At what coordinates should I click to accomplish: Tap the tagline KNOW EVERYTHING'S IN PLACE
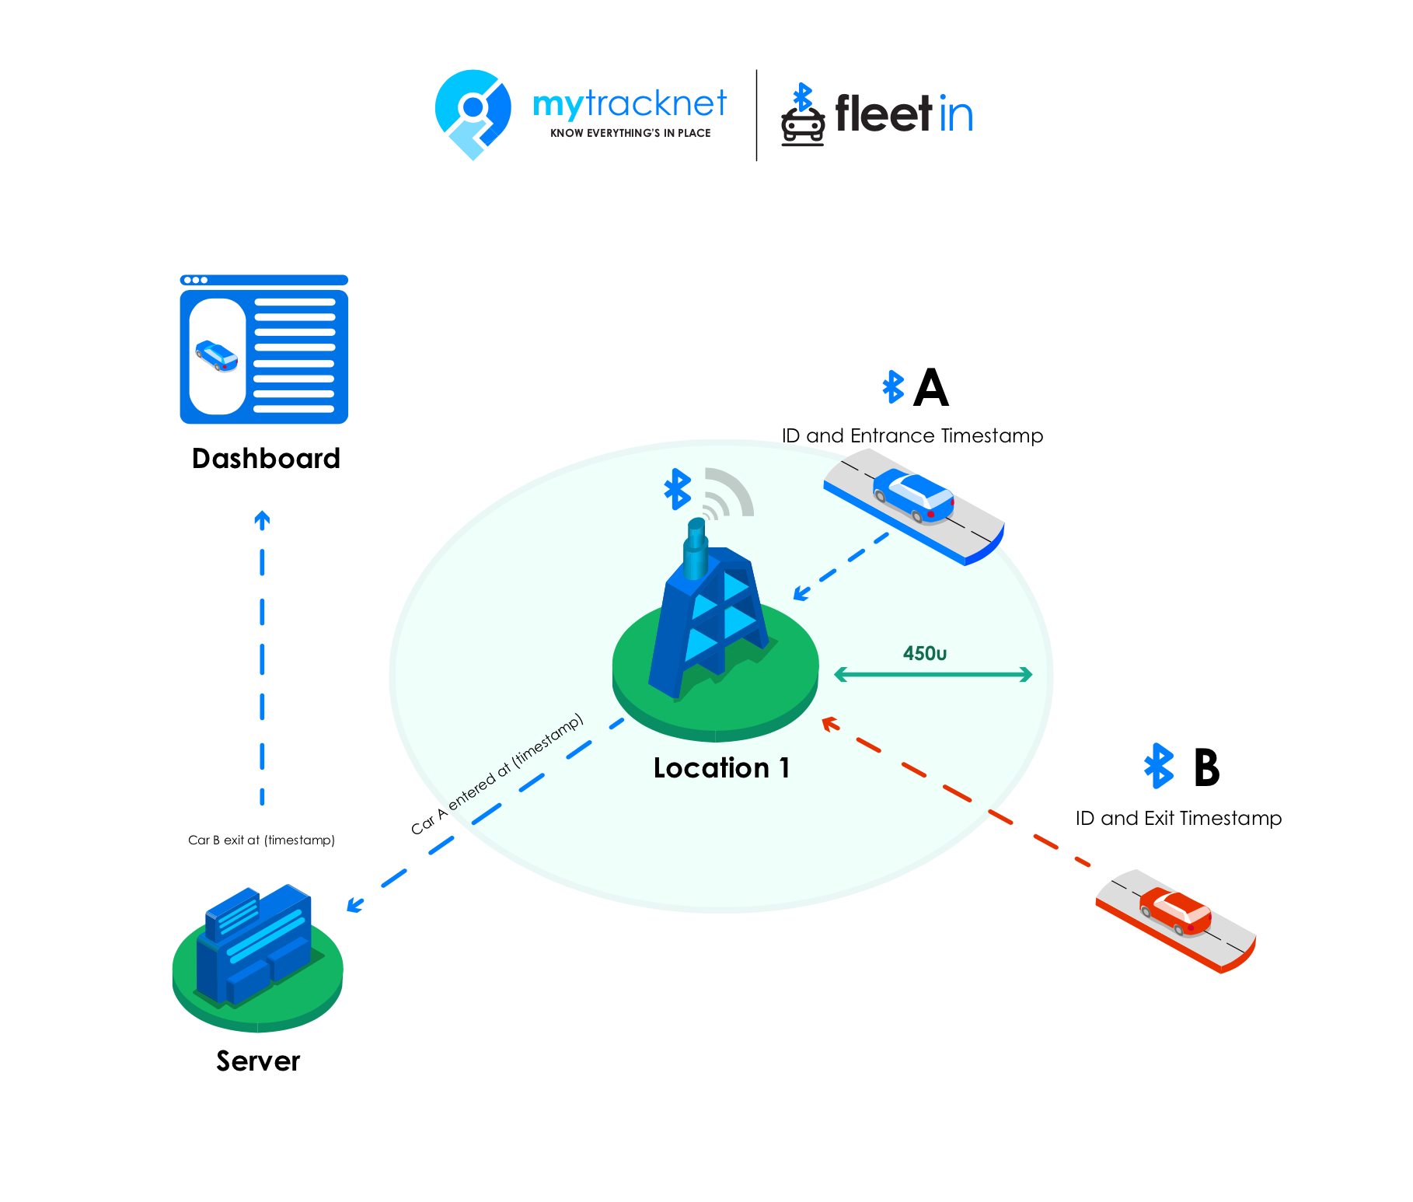point(630,133)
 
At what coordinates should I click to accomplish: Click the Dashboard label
point(266,459)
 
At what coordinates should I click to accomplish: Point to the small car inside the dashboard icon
point(217,356)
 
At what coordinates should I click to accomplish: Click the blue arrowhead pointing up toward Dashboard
point(262,519)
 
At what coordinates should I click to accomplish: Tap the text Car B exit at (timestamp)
point(261,840)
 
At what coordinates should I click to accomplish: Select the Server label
point(258,1061)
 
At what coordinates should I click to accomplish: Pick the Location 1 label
point(721,768)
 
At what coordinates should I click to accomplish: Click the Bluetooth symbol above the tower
point(678,489)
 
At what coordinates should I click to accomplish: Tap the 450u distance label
point(925,654)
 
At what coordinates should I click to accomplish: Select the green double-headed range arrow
point(933,674)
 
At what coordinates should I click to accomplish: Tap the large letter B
point(1206,767)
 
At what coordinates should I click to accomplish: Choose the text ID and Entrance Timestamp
point(912,435)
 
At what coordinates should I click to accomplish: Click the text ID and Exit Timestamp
point(1178,818)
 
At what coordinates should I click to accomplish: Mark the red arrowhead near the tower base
point(829,724)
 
